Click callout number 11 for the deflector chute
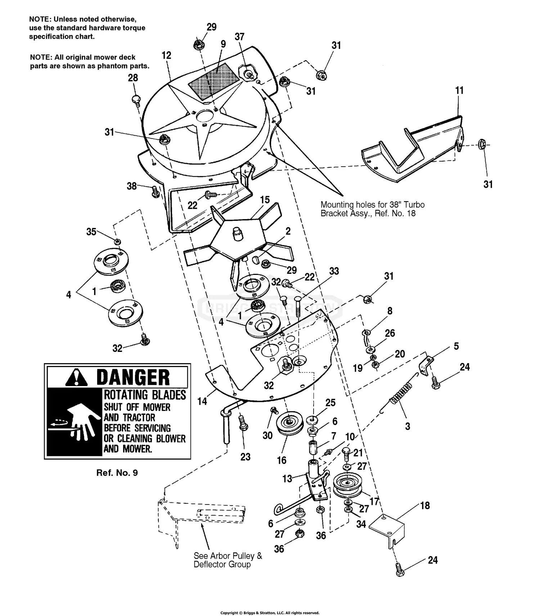click(459, 90)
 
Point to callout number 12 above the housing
click(166, 55)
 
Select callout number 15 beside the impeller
click(265, 200)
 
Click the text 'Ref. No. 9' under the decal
click(117, 473)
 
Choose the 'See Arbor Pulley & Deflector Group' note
click(228, 560)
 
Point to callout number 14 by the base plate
click(202, 401)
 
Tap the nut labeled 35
click(117, 241)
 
